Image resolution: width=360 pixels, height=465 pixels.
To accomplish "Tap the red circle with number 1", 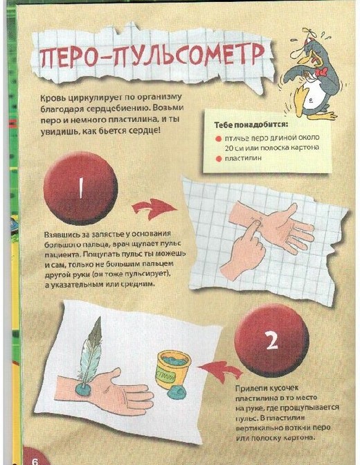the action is (80, 188).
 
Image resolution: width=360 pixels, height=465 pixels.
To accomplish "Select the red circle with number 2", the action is (271, 340).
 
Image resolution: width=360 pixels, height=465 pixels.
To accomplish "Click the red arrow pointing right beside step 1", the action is (154, 209).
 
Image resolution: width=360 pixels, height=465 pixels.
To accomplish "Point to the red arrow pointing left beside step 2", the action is (221, 371).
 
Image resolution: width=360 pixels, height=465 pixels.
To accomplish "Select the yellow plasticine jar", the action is (174, 369).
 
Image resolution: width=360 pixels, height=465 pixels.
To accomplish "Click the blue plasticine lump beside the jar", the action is (177, 394).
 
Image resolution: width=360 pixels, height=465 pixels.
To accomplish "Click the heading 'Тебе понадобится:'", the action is (251, 125).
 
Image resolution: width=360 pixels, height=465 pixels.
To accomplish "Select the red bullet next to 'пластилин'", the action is (219, 159).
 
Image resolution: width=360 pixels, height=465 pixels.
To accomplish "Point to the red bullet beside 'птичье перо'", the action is (219, 139).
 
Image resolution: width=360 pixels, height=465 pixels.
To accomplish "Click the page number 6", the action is (35, 461).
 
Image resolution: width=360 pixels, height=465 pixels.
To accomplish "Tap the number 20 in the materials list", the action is (229, 148).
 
